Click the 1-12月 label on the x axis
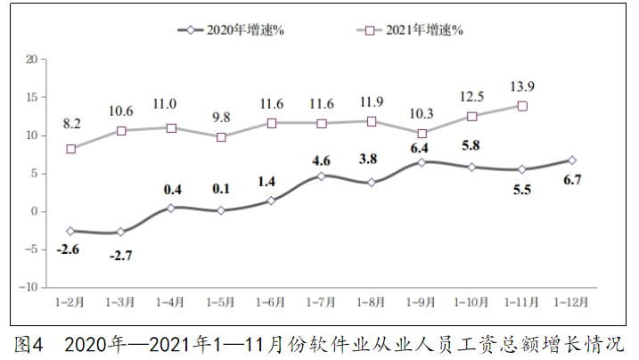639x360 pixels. coord(571,301)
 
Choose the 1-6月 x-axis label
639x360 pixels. coord(271,301)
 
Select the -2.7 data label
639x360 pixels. coord(121,257)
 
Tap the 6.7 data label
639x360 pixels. coord(571,183)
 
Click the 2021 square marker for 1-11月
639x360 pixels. coord(522,106)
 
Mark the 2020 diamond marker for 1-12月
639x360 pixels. coord(571,160)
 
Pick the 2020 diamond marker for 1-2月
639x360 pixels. coord(71,231)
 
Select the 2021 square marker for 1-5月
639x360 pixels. coord(221,137)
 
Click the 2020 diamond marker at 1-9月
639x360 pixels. coord(422,162)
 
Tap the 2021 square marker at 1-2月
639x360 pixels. coord(71,149)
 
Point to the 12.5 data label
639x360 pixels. coord(471,96)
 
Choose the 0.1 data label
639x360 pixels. coord(221,189)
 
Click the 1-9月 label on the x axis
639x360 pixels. coord(422,301)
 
